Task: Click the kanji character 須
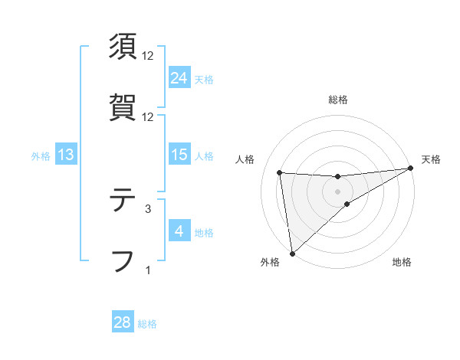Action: click(123, 47)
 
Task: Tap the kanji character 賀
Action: click(123, 108)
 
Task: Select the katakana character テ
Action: click(123, 200)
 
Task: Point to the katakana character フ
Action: click(123, 260)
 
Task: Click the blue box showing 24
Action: click(179, 77)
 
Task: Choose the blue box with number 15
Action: click(179, 155)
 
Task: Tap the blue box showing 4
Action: click(179, 231)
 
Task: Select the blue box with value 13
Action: click(66, 155)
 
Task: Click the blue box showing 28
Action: click(123, 322)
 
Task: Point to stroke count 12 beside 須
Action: click(148, 56)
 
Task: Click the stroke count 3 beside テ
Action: click(148, 208)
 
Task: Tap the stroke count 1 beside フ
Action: click(148, 269)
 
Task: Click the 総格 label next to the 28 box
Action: click(148, 324)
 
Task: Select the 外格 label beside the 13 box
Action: click(41, 156)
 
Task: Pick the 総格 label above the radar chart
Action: click(338, 100)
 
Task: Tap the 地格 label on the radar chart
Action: click(402, 263)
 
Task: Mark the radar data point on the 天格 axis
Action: click(411, 169)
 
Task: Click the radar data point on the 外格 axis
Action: click(292, 254)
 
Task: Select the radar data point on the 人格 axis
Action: click(280, 172)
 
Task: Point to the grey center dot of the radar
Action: click(338, 191)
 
